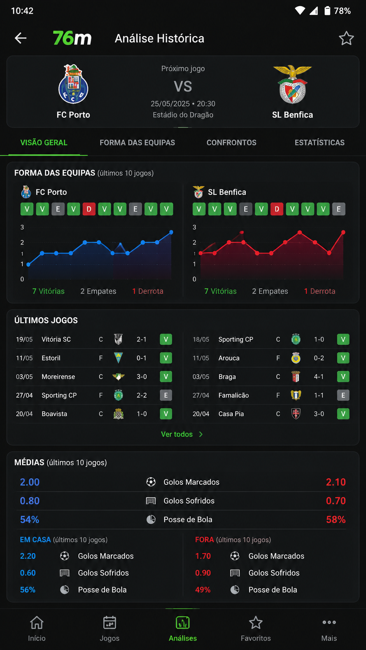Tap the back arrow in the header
pos(21,38)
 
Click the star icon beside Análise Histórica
pos(346,38)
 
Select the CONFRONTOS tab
pos(231,142)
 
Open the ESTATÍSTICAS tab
pos(320,142)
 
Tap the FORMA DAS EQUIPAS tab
pos(137,142)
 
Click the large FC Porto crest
pos(73,84)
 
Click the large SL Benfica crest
pos(292,84)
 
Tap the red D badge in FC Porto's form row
pos(89,209)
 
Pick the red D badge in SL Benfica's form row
pos(277,209)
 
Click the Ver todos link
pos(182,434)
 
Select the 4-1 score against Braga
pos(319,377)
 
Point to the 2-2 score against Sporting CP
pos(142,395)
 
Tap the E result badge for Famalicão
pos(343,395)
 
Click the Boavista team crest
pos(118,414)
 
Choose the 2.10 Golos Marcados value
pos(336,482)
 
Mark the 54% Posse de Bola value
pos(30,519)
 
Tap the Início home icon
pos(37,622)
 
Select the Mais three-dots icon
pos(329,622)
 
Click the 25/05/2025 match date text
pos(170,103)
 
